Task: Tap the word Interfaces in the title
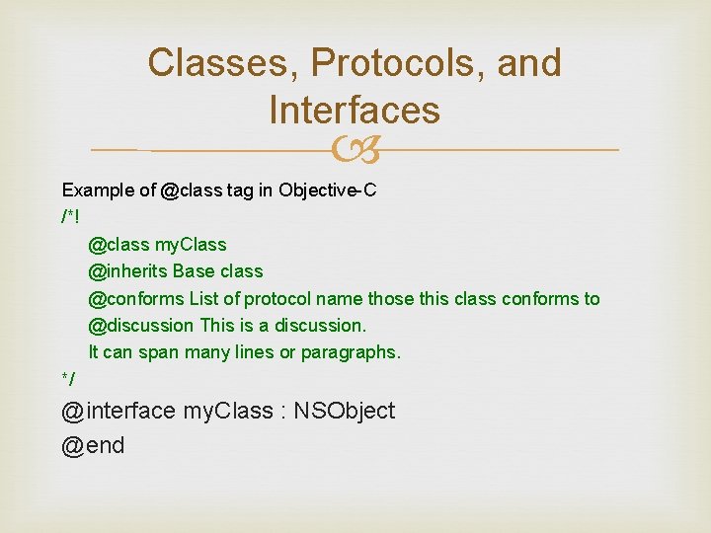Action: [x=355, y=110]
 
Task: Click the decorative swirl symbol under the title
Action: [x=355, y=151]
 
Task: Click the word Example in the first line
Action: [x=95, y=190]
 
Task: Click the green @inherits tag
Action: [x=128, y=271]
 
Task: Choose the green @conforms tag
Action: [x=135, y=298]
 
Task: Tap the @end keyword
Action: [x=93, y=446]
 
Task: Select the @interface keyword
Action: [x=118, y=411]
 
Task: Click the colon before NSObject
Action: [x=282, y=412]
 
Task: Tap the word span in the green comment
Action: [x=158, y=352]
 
